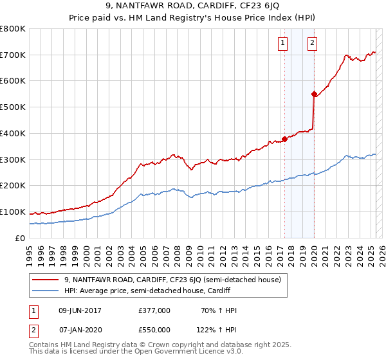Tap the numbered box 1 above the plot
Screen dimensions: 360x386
[x=283, y=43]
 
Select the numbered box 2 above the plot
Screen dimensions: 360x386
[x=312, y=43]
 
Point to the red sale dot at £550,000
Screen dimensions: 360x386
[x=314, y=94]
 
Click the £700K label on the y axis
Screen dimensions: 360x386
[x=13, y=55]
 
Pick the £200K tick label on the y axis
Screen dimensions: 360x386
[x=13, y=185]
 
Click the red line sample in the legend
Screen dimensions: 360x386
[x=46, y=280]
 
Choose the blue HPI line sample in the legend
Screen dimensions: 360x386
[x=46, y=291]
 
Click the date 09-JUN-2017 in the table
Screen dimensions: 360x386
[x=80, y=310]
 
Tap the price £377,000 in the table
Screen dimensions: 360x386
[x=154, y=310]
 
